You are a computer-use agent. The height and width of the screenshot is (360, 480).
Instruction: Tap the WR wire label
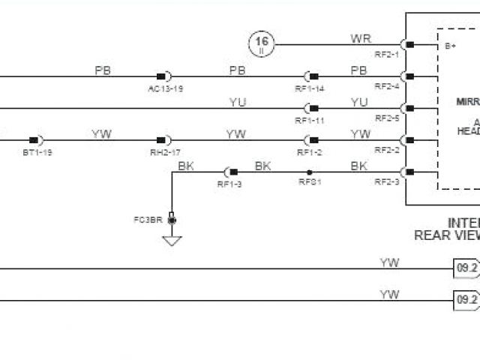tap(360, 38)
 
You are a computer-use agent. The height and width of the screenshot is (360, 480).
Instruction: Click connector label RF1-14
tap(310, 88)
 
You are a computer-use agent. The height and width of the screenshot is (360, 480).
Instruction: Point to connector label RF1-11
tap(310, 120)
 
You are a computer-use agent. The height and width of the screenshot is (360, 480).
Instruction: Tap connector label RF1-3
tap(229, 184)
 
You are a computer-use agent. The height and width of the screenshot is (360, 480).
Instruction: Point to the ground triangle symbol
tap(172, 241)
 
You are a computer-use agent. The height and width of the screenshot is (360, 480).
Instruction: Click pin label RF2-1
tap(387, 54)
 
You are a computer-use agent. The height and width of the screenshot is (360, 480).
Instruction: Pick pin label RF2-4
tap(387, 86)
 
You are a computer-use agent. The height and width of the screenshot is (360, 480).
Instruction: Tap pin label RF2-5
tap(387, 118)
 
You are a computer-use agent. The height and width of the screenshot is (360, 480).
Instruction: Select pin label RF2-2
tap(387, 150)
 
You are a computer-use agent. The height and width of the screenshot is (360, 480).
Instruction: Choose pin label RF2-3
tap(387, 181)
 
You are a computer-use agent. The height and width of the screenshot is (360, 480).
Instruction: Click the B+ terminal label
tap(450, 46)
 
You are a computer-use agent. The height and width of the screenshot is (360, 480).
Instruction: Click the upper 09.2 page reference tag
tap(466, 268)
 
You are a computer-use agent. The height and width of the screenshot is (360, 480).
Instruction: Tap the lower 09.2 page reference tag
tap(466, 300)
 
